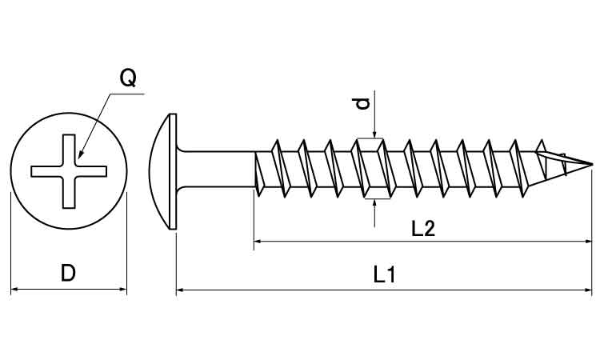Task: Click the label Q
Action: click(x=127, y=78)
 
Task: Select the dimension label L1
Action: click(x=385, y=275)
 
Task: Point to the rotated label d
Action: click(x=362, y=103)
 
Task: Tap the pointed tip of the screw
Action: click(x=591, y=166)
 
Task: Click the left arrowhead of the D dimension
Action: click(x=15, y=289)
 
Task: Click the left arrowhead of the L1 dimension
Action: click(x=181, y=290)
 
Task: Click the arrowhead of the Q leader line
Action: click(x=83, y=154)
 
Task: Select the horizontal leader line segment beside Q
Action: click(x=127, y=94)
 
